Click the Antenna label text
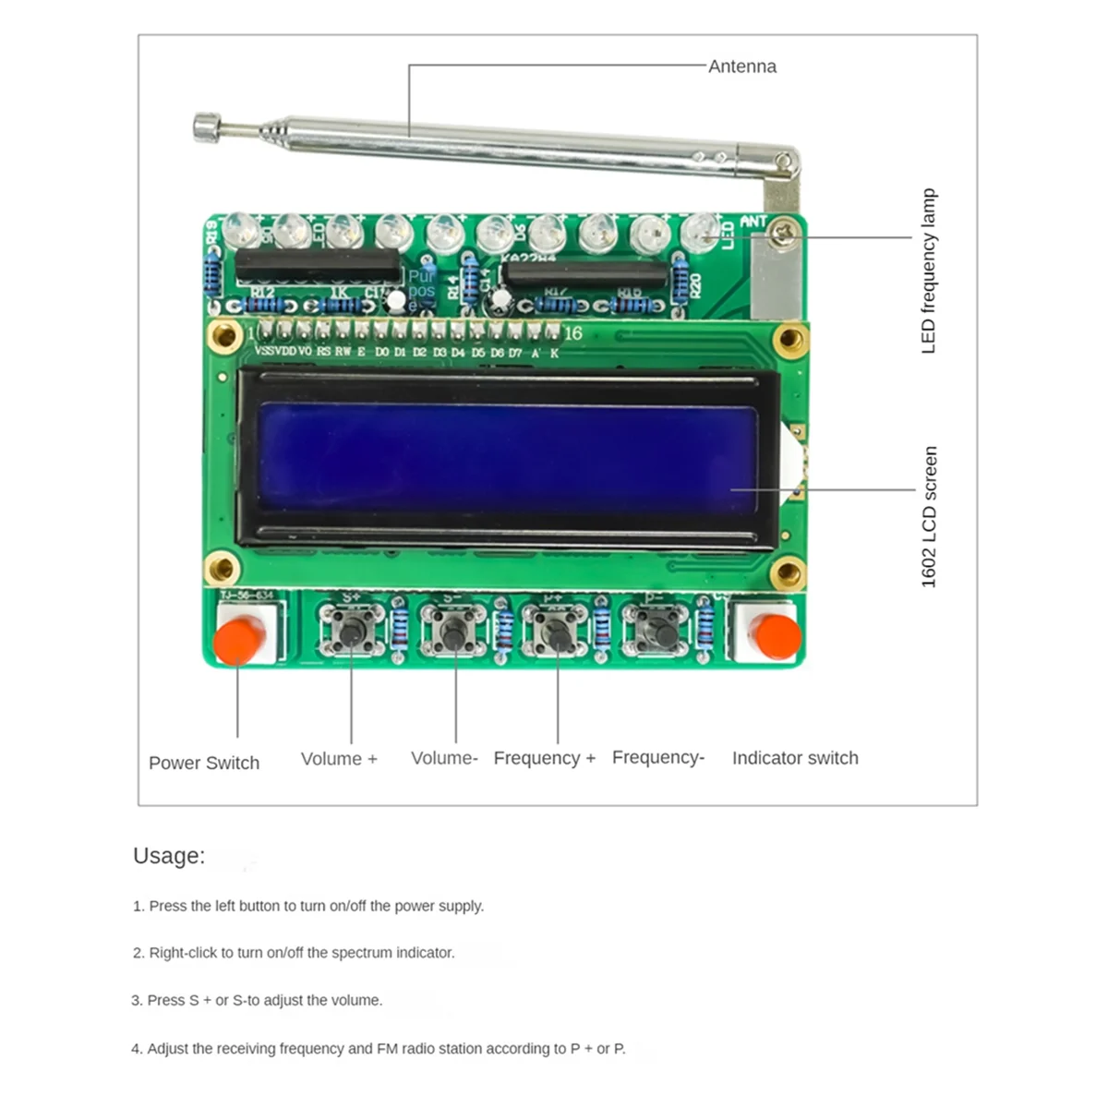pos(742,66)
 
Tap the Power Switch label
pos(204,764)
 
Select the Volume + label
pos(339,759)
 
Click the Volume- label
pos(444,758)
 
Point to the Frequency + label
pos(544,758)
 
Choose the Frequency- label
pos(657,757)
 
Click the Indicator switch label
pos(795,758)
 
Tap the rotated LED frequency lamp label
pos(929,271)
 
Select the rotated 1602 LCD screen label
pos(929,517)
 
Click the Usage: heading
pos(169,856)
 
